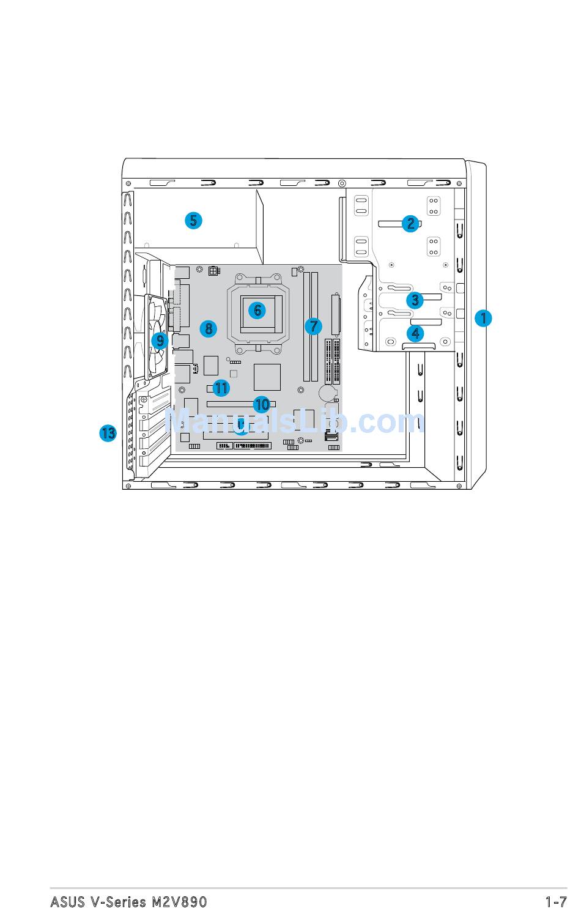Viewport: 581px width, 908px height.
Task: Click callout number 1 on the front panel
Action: click(483, 318)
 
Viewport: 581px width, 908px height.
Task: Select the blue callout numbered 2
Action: click(410, 224)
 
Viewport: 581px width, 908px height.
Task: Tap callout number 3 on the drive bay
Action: click(415, 300)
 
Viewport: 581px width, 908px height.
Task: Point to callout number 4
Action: click(416, 333)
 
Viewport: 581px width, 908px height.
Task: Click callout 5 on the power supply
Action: click(193, 220)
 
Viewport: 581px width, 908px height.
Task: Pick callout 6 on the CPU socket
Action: click(257, 310)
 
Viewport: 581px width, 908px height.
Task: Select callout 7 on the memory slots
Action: click(313, 326)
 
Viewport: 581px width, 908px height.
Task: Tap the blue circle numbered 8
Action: click(208, 329)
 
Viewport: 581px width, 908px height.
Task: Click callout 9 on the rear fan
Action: click(160, 341)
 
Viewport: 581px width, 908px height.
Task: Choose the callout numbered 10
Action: click(262, 404)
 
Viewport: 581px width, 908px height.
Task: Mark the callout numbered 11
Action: click(221, 388)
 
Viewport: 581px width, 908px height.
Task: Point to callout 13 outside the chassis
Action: click(108, 433)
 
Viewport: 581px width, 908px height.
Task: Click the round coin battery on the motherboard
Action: click(329, 391)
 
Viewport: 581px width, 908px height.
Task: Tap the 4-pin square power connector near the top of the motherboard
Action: click(213, 270)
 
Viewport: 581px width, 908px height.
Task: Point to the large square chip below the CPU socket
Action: click(267, 377)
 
